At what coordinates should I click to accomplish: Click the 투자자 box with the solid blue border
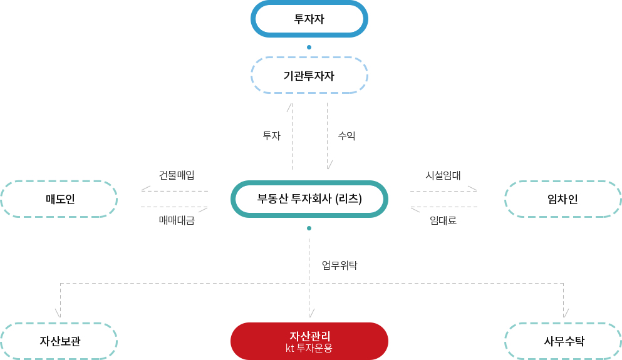point(309,19)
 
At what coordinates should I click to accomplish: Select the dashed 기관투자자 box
point(309,75)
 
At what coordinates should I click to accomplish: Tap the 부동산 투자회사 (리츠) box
point(309,198)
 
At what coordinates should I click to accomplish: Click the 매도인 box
point(59,198)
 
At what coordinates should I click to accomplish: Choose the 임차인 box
point(563,198)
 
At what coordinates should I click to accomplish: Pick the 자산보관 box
point(59,341)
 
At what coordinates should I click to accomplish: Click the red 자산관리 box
point(309,341)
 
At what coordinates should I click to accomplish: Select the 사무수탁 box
point(563,341)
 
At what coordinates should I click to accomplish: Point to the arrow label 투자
point(272,136)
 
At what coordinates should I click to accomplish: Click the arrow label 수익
point(346,136)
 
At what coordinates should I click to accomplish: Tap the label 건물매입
point(177,175)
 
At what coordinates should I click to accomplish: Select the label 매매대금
point(177,220)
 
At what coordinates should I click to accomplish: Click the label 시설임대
point(443,175)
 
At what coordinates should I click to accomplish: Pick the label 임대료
point(443,220)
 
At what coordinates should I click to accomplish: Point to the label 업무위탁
point(340,265)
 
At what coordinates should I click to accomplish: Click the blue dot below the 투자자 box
point(309,47)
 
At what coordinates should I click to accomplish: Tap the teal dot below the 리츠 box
point(309,228)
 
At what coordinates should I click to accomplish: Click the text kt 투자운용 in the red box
point(309,348)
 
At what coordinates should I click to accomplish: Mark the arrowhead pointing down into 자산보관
point(58,313)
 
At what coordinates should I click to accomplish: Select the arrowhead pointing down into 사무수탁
point(566,313)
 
